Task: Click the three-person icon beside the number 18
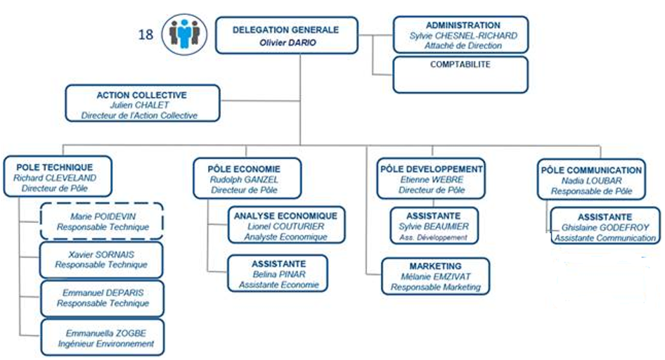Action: tap(184, 34)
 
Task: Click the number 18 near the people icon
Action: tap(146, 34)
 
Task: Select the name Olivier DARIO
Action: tap(288, 42)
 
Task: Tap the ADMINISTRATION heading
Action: tap(463, 25)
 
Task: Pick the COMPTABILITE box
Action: tap(460, 75)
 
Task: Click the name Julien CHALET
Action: tap(139, 105)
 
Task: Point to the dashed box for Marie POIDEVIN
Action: tap(102, 221)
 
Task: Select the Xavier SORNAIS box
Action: tap(101, 260)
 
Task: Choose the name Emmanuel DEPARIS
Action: tap(103, 292)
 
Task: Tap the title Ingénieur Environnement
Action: tap(106, 343)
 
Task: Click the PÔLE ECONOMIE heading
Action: tap(244, 169)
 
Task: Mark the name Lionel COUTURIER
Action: tap(286, 226)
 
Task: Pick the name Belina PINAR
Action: tap(279, 274)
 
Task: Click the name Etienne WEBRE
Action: tap(432, 179)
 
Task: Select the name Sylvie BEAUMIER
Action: tap(434, 226)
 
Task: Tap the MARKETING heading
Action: tap(436, 266)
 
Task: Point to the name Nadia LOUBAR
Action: tap(592, 181)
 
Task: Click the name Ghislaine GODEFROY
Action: tap(605, 228)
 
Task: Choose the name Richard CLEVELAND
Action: tap(55, 178)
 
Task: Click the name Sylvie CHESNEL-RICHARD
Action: tap(463, 36)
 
